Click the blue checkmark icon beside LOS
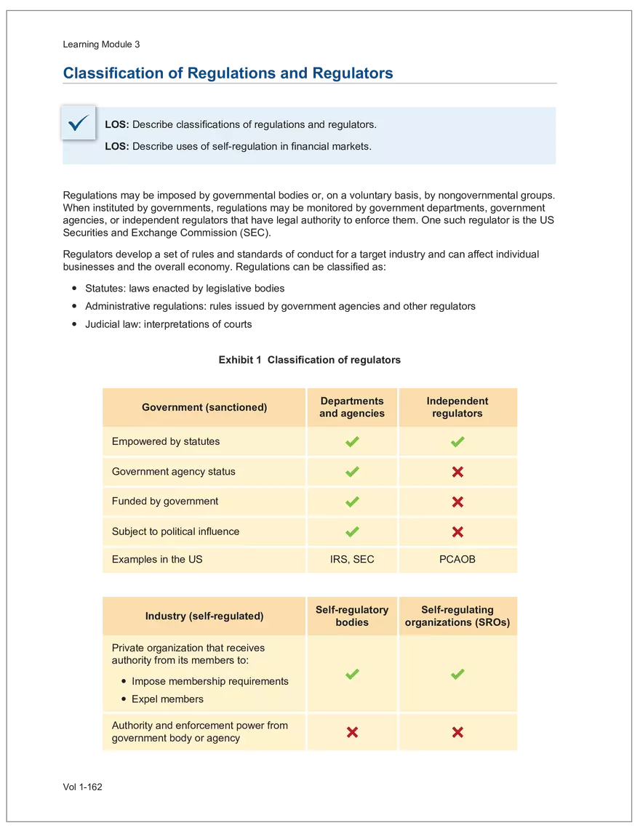pos(78,124)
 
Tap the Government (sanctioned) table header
pos(204,407)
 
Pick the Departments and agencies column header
pos(352,407)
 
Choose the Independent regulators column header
pos(457,407)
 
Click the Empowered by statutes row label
pos(166,441)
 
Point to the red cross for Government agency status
pos(457,472)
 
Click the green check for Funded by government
pos(352,502)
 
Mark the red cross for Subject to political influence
pos(457,532)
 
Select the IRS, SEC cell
pos(352,560)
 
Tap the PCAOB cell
pos(457,560)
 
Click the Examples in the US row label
pos(157,560)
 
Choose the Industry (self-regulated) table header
pos(204,616)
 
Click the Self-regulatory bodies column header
pos(352,616)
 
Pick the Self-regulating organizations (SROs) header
pos(457,616)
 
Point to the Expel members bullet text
pos(167,699)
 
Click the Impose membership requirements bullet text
pos(210,681)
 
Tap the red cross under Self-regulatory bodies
pos(352,732)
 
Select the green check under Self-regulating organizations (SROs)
pos(457,675)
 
